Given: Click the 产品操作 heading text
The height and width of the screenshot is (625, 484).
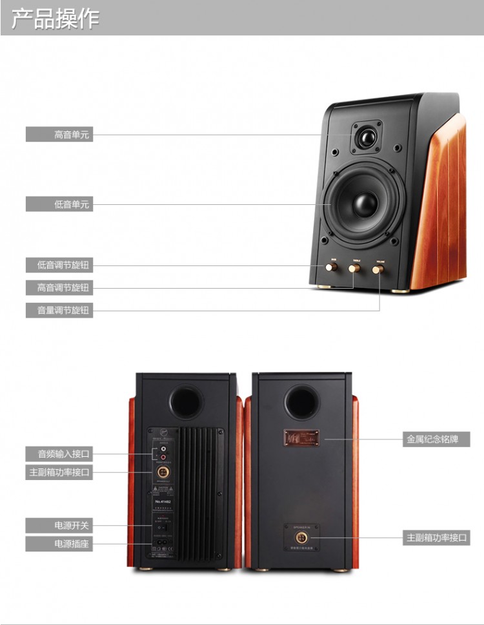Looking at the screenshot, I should point(55,19).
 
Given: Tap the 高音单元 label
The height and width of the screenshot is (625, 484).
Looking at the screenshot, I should point(59,135).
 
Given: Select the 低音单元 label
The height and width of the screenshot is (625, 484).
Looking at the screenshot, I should point(59,205).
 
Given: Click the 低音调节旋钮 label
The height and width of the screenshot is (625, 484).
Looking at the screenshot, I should point(59,265).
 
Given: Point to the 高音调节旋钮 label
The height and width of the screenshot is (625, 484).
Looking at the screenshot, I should point(59,287).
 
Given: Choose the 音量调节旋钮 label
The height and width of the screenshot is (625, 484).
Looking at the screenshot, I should point(59,310).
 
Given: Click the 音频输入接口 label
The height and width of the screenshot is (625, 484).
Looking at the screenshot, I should point(59,454).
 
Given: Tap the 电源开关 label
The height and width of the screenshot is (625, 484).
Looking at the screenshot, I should point(59,525).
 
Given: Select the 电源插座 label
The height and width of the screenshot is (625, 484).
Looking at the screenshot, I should point(59,544).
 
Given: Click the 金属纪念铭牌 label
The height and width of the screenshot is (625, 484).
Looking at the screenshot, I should point(436,439).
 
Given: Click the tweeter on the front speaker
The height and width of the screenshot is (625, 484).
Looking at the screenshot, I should point(366,139).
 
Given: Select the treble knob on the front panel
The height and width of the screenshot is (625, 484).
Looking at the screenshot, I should point(355,267).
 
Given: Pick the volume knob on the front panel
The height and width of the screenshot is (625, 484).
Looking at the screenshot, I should point(378,267).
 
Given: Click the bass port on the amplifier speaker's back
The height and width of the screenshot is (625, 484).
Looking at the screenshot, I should point(186,401).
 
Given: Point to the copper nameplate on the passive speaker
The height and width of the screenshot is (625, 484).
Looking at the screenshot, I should point(301,439).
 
